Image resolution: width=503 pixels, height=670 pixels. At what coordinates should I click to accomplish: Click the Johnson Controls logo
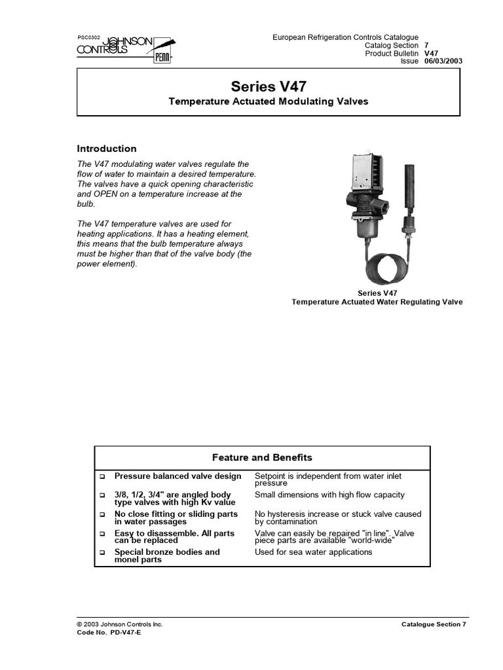(x=124, y=49)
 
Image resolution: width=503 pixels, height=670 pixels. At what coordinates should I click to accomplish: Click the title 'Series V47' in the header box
(x=269, y=86)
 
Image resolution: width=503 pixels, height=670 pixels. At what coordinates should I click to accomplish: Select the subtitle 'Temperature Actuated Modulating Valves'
(x=269, y=101)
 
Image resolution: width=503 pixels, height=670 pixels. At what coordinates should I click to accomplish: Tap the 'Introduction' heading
(x=107, y=149)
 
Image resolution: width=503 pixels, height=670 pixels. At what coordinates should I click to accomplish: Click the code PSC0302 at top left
(x=88, y=38)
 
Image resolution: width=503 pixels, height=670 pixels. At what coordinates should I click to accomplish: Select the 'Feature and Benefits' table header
(x=262, y=457)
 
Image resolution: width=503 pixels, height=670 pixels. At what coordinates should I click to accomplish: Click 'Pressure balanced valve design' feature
(x=177, y=476)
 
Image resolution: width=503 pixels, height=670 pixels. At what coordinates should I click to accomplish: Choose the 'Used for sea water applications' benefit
(x=313, y=552)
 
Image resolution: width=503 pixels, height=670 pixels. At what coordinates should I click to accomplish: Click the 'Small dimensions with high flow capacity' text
(x=329, y=495)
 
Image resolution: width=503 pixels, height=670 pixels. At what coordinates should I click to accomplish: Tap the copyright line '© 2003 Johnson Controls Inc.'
(x=120, y=624)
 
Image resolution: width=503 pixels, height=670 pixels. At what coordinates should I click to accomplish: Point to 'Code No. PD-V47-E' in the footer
(x=109, y=633)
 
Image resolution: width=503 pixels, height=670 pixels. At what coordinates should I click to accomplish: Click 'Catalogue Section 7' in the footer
(x=434, y=624)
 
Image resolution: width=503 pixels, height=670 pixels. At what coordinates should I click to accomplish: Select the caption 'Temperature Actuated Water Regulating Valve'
(x=377, y=302)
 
